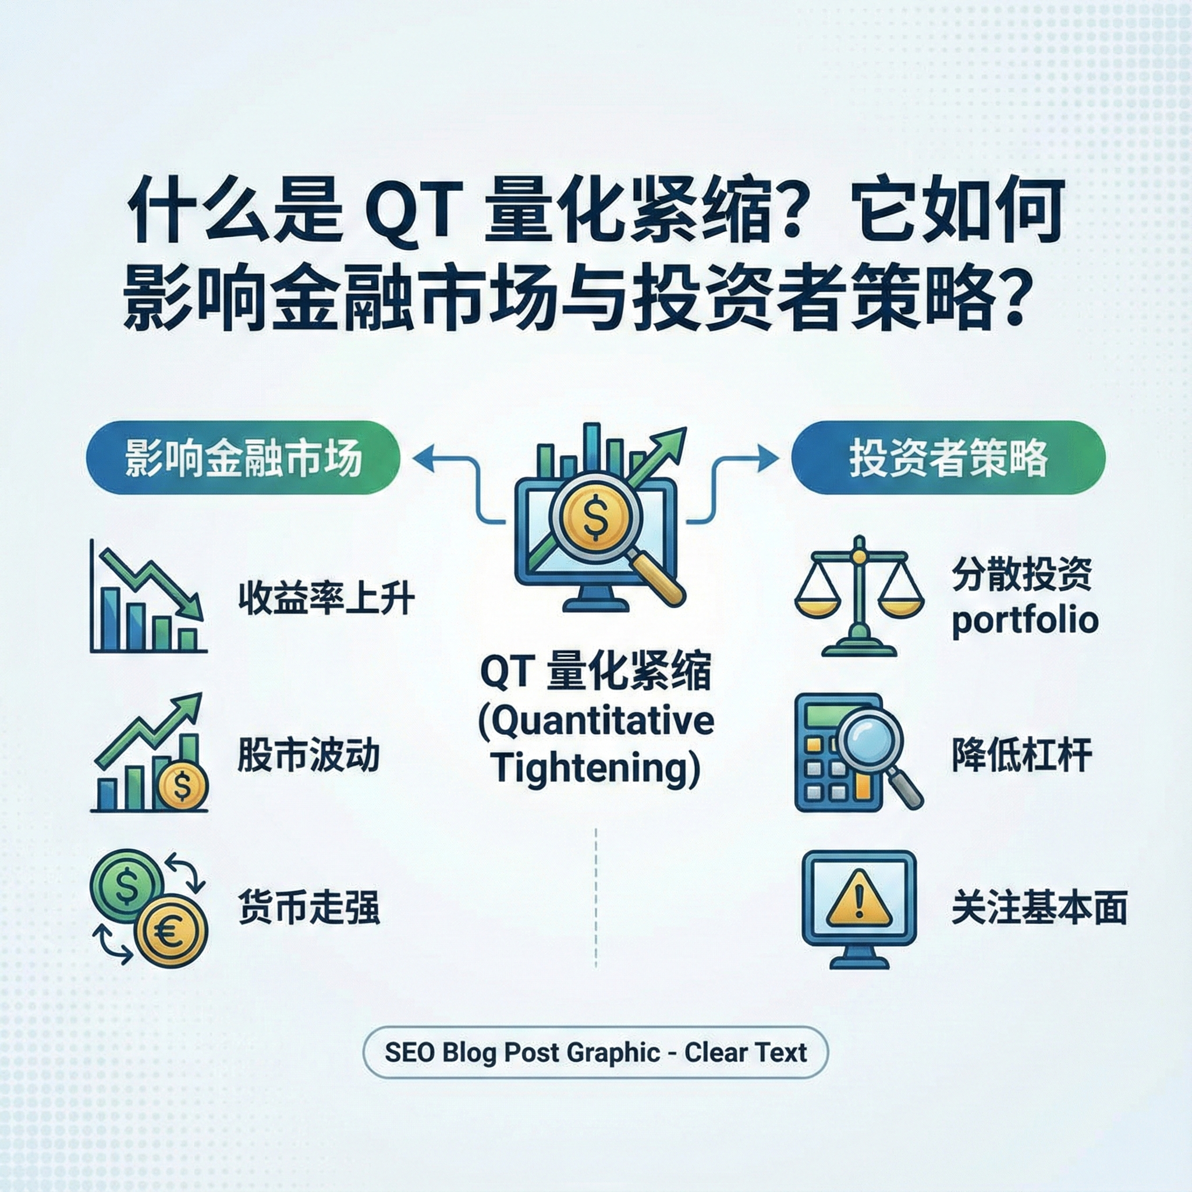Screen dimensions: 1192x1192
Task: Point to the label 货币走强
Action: click(308, 907)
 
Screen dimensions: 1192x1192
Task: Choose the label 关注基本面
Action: click(1039, 907)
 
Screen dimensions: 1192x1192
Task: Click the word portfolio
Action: click(1025, 620)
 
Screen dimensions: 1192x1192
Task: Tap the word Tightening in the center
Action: click(596, 769)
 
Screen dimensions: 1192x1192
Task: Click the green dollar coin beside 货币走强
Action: click(126, 886)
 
